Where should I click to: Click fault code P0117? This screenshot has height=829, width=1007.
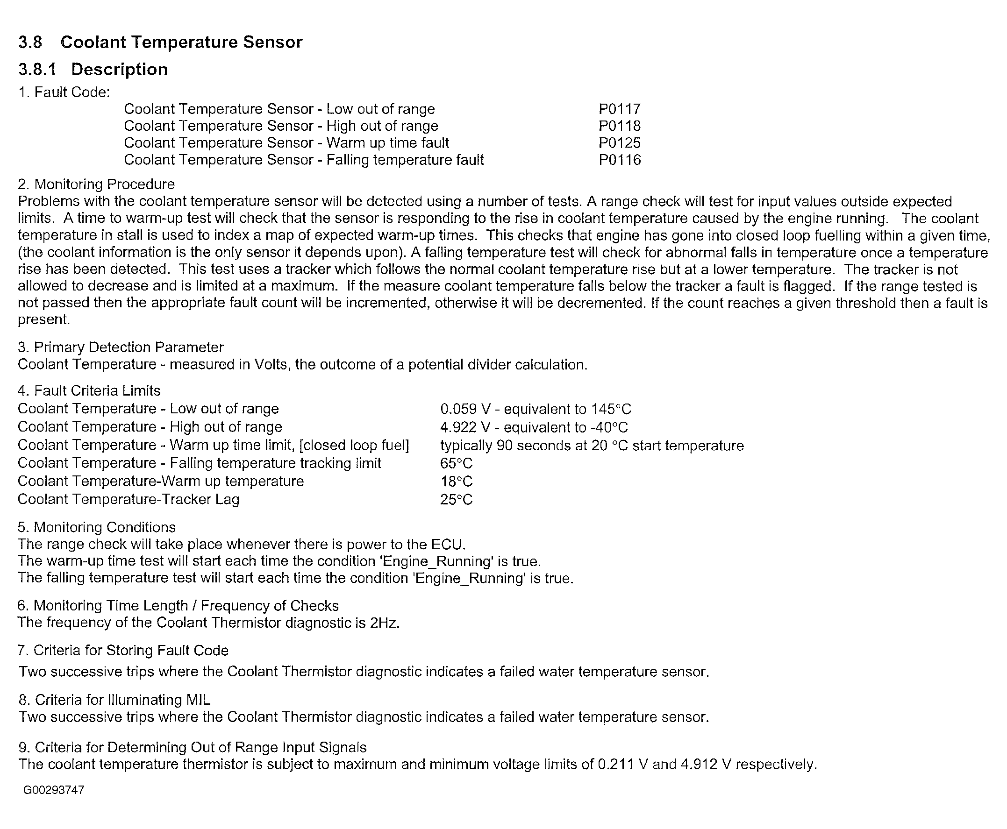click(619, 109)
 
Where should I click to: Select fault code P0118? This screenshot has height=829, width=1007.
click(619, 126)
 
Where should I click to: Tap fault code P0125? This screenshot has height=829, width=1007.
click(619, 143)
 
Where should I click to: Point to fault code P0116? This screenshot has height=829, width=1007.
click(619, 160)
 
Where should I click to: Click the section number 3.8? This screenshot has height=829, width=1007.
click(30, 42)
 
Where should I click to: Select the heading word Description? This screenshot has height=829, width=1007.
click(120, 69)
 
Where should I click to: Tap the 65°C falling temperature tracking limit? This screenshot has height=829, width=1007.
click(456, 463)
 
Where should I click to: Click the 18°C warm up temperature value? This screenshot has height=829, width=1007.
click(456, 481)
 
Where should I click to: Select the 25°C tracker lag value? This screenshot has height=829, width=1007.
click(456, 499)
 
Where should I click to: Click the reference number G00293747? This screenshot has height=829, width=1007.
click(54, 790)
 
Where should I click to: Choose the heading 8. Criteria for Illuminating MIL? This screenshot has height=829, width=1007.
click(114, 700)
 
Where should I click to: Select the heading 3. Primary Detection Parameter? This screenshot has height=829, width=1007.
click(121, 347)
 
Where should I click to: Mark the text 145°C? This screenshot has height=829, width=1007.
click(611, 409)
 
